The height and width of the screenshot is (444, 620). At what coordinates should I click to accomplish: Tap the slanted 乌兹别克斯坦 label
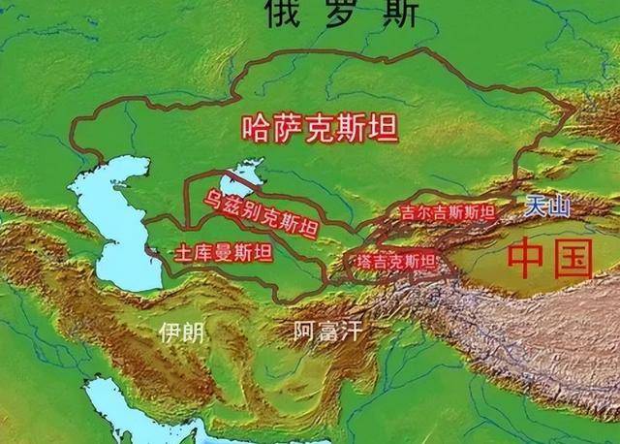(x=259, y=215)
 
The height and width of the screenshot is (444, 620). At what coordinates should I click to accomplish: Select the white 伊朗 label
(x=181, y=333)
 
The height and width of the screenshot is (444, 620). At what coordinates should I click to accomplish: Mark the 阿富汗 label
(x=326, y=332)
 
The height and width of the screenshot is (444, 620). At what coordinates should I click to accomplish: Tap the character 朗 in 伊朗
(x=193, y=333)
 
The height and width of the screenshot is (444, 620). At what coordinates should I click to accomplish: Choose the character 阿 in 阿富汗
(x=303, y=332)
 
